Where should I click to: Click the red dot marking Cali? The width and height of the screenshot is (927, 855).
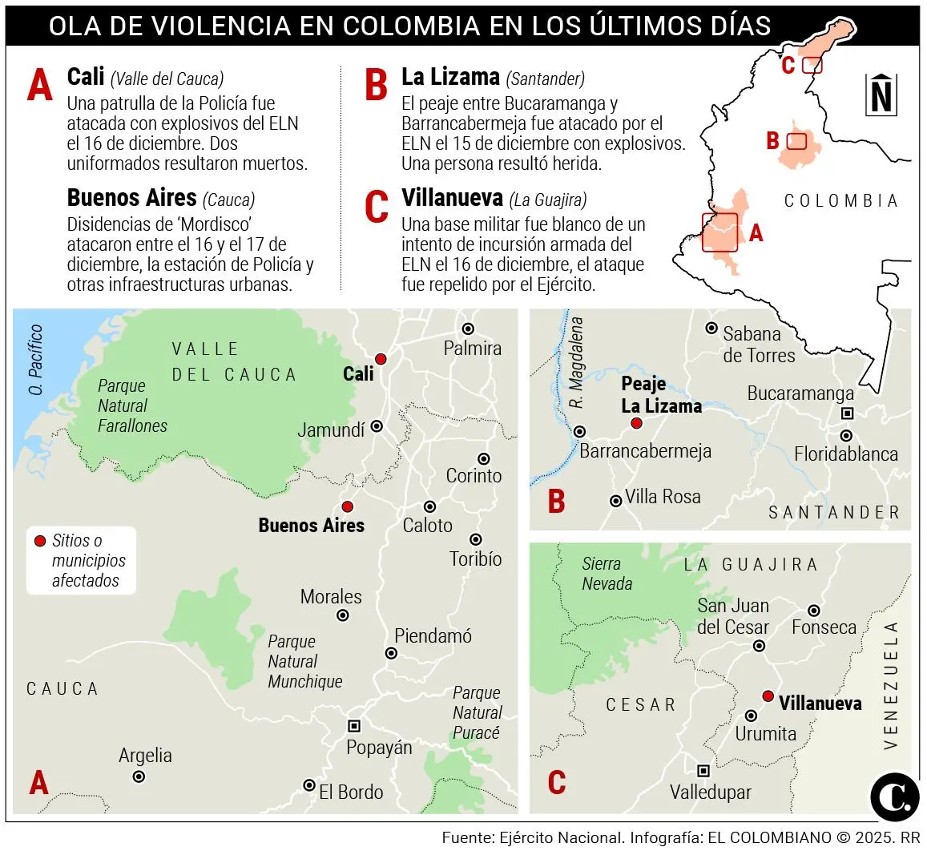point(381,358)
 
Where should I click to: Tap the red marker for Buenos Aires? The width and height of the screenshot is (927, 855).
point(347,506)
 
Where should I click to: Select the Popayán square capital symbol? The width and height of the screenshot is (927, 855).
point(353,726)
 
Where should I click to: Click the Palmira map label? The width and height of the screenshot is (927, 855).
point(473,349)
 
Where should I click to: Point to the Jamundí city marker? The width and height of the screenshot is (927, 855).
point(377,426)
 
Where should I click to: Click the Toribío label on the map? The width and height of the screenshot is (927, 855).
point(476,559)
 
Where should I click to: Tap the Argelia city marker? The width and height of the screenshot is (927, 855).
point(139,776)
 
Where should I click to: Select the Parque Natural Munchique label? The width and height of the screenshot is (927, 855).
point(304,662)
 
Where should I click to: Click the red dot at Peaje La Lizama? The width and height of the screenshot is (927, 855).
point(636,423)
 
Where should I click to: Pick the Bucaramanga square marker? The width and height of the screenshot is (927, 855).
point(847,413)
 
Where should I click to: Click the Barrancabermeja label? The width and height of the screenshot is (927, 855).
point(645,451)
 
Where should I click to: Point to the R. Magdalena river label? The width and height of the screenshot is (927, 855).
point(577,363)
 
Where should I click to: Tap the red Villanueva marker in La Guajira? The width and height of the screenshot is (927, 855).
point(768,696)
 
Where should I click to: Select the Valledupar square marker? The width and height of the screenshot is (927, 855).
point(703,771)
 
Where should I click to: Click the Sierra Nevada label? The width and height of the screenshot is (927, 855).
point(607,574)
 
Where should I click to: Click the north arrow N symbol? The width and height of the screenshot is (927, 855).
point(881,95)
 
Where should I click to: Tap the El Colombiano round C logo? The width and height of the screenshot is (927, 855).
point(894,797)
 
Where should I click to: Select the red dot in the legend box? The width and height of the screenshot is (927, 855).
point(40,541)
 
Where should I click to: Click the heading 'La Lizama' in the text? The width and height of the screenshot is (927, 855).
point(450,77)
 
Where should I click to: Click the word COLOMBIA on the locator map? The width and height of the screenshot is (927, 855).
point(840,201)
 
